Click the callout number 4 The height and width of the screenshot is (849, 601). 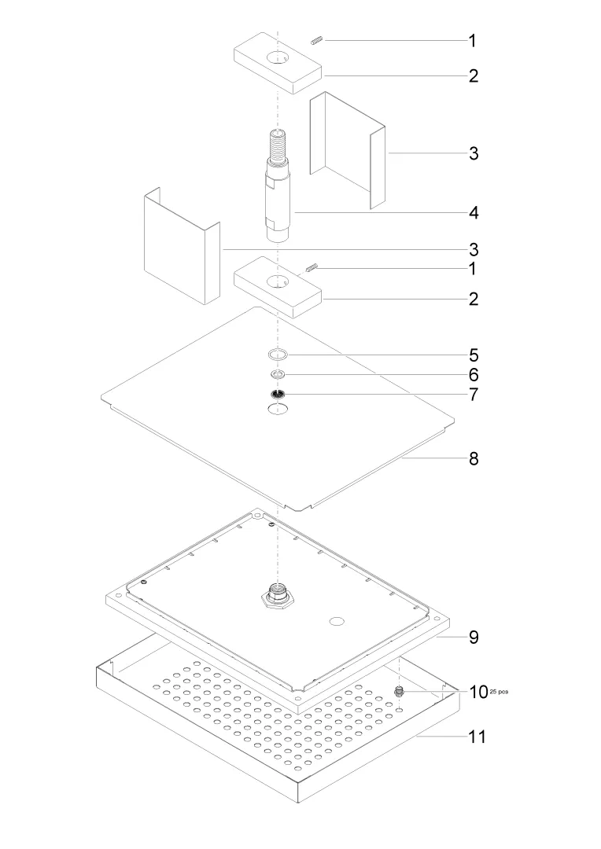click(x=474, y=213)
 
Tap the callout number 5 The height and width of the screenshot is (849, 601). click(x=474, y=355)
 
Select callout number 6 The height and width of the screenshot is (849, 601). click(x=474, y=375)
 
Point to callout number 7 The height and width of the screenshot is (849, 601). click(x=474, y=394)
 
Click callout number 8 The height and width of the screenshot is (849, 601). click(x=474, y=458)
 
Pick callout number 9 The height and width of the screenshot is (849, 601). click(x=474, y=638)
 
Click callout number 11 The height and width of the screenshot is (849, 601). click(x=477, y=737)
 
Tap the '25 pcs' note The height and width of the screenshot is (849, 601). click(x=499, y=692)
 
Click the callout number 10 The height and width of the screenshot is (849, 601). click(x=478, y=692)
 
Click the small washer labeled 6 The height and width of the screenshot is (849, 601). click(x=278, y=374)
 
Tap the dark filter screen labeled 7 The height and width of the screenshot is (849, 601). click(x=278, y=394)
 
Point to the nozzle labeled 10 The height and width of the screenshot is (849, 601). click(x=400, y=691)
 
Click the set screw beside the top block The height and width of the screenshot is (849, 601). click(x=317, y=39)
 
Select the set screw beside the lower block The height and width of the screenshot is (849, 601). click(x=311, y=267)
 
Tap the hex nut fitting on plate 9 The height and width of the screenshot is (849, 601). click(x=278, y=597)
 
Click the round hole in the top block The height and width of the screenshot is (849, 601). click(x=278, y=58)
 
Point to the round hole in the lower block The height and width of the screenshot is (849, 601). click(x=278, y=282)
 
